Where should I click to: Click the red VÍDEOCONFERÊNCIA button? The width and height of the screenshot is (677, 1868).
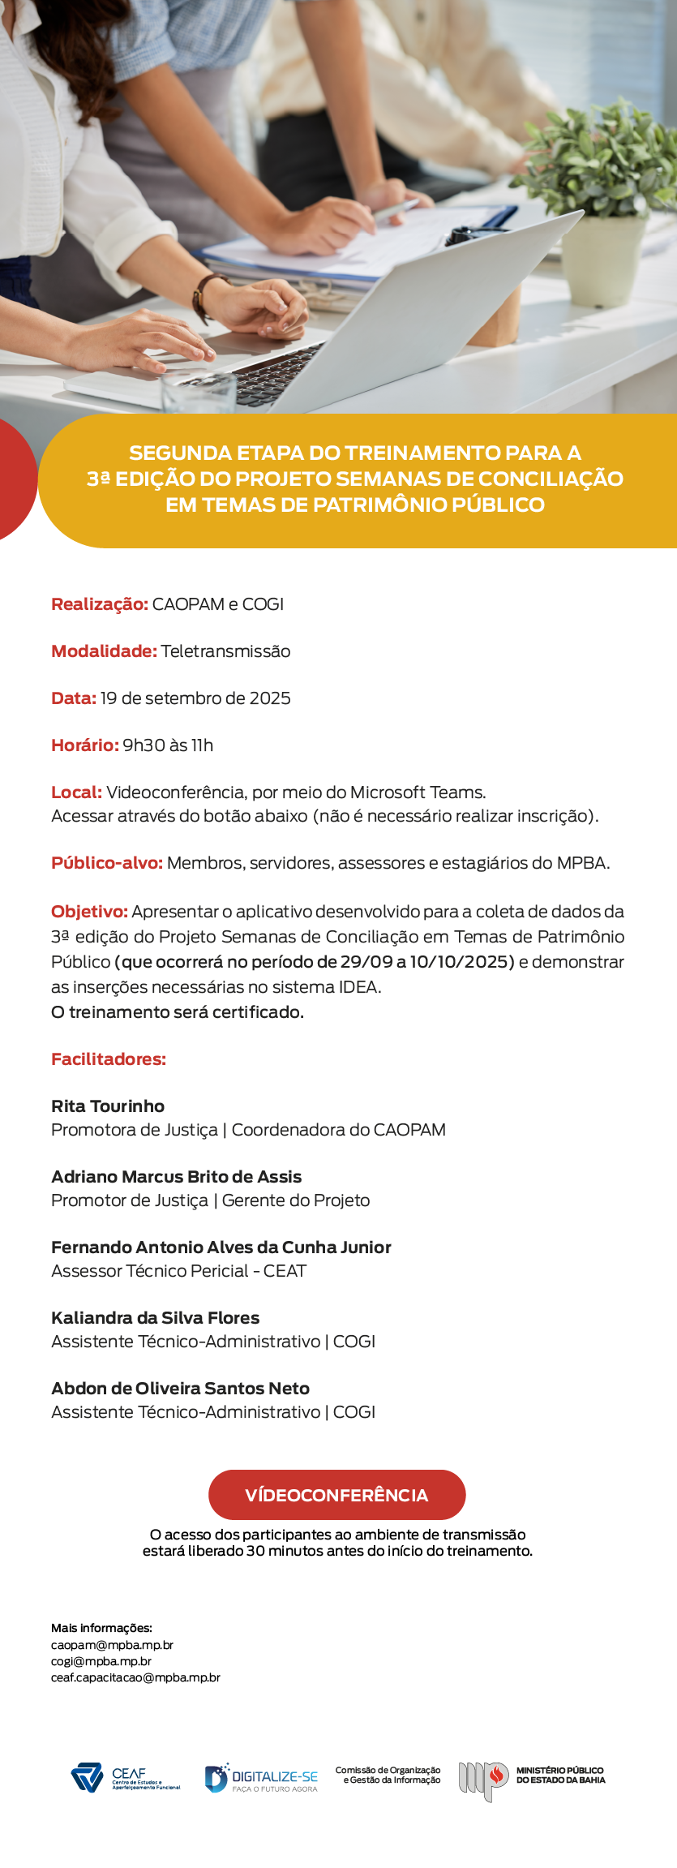pyautogui.click(x=336, y=1495)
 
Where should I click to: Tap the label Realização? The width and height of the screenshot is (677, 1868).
pyautogui.click(x=99, y=604)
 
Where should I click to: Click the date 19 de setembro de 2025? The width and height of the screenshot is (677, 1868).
pyautogui.click(x=195, y=698)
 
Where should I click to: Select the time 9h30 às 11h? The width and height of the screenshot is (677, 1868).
pyautogui.click(x=168, y=745)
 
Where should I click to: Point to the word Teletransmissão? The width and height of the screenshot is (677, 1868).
pyautogui.click(x=225, y=651)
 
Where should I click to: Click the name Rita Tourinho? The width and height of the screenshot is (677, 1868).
pyautogui.click(x=108, y=1106)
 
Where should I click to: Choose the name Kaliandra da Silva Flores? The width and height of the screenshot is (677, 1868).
pyautogui.click(x=156, y=1318)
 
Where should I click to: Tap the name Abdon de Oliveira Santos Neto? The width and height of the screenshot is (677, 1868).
pyautogui.click(x=180, y=1389)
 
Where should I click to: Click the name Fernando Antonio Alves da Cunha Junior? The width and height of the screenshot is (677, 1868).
pyautogui.click(x=221, y=1247)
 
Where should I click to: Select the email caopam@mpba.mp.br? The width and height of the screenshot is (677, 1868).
pyautogui.click(x=112, y=1645)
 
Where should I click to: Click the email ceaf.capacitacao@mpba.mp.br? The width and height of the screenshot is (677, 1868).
pyautogui.click(x=135, y=1677)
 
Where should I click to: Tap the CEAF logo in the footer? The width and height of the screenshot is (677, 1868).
pyautogui.click(x=125, y=1778)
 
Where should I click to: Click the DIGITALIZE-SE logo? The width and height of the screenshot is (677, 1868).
pyautogui.click(x=261, y=1778)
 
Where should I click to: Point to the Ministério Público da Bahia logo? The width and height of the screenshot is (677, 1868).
pyautogui.click(x=531, y=1778)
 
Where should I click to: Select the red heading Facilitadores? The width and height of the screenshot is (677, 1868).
pyautogui.click(x=109, y=1059)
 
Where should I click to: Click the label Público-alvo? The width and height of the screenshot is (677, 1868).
pyautogui.click(x=107, y=863)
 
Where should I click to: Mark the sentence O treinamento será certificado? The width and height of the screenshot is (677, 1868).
pyautogui.click(x=178, y=1012)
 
